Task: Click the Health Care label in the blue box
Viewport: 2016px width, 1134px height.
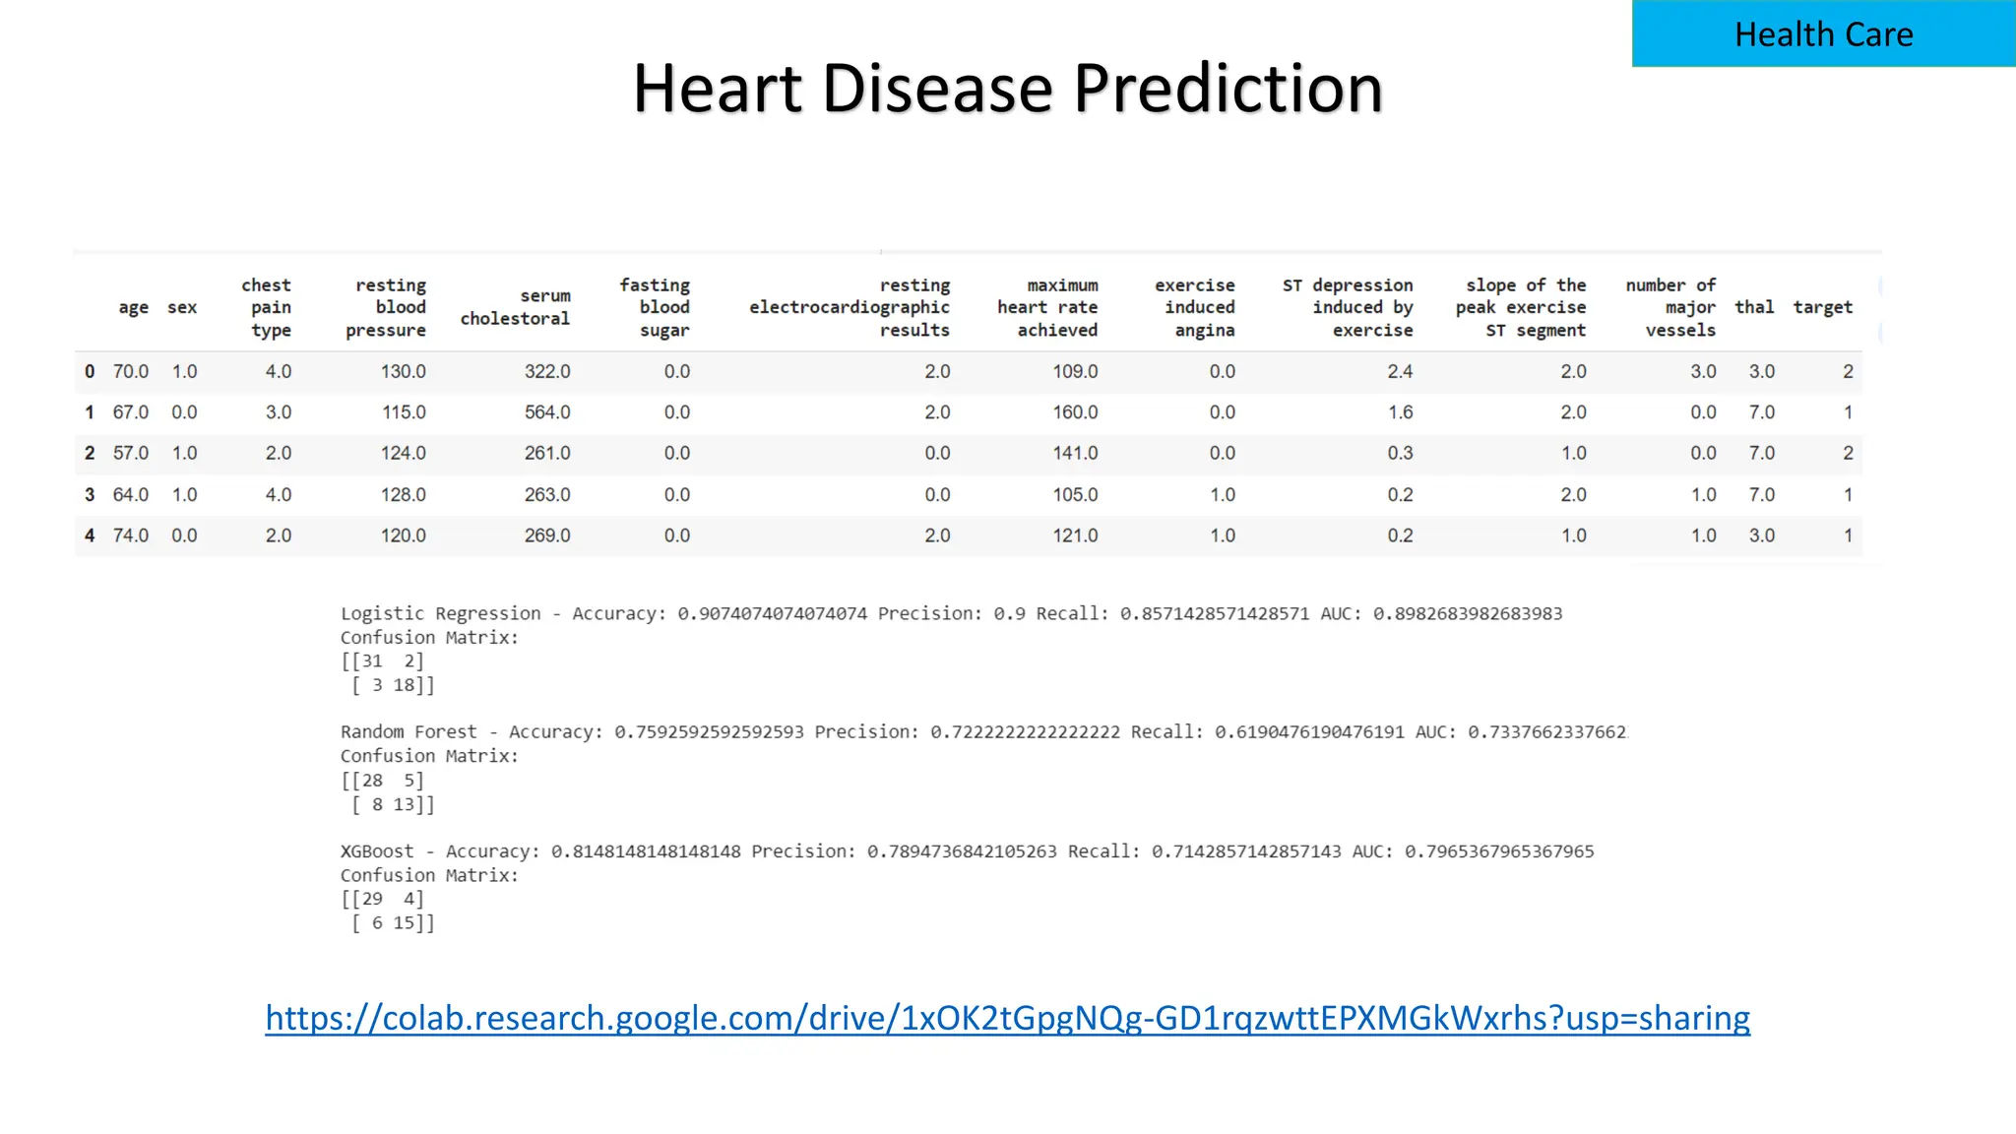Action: [x=1823, y=34]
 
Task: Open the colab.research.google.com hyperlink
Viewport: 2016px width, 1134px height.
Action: [x=1007, y=1018]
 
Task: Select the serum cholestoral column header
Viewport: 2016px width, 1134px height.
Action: [x=516, y=307]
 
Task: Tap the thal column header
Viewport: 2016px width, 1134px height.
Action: [x=1754, y=307]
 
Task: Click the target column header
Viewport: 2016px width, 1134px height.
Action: [x=1822, y=307]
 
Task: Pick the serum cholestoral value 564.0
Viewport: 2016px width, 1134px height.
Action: [x=547, y=412]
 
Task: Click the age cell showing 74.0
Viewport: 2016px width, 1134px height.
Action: [x=130, y=535]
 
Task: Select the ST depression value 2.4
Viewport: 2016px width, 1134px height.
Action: [x=1400, y=371]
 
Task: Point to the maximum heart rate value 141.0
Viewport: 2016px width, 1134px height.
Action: [x=1075, y=453]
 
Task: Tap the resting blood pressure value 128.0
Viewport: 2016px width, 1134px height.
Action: [x=404, y=494]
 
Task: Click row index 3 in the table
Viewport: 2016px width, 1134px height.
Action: [x=90, y=494]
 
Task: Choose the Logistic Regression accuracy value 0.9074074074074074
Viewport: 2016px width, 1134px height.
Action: [x=772, y=614]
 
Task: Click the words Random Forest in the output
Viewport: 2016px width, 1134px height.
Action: [x=409, y=732]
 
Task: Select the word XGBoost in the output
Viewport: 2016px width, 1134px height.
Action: [x=377, y=851]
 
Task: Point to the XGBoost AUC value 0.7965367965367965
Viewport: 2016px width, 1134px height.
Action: [x=1498, y=851]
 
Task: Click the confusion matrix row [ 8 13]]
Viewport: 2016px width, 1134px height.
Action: [x=393, y=805]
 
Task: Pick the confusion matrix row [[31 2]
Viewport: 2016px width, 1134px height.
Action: [x=383, y=661]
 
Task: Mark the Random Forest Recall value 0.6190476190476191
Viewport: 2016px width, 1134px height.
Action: [x=1309, y=732]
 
